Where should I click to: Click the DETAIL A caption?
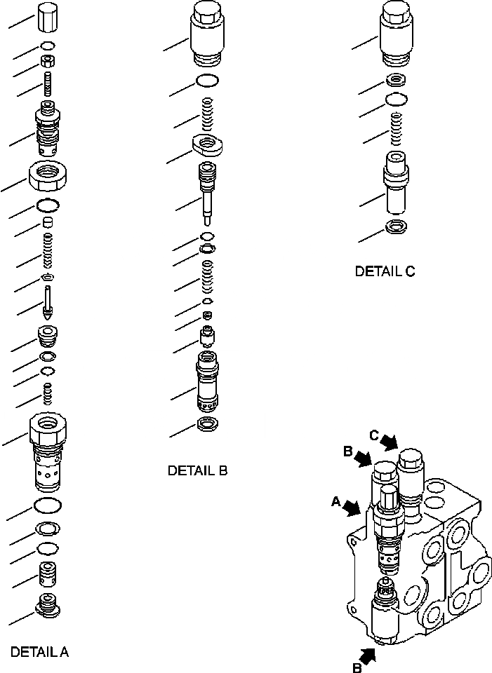point(39,652)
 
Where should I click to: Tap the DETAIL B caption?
point(197,471)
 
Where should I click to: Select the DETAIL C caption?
point(385,271)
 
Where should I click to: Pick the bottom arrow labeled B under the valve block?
point(368,657)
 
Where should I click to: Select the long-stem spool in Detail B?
point(208,189)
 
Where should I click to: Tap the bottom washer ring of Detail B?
point(208,424)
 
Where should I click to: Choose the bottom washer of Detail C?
point(397,228)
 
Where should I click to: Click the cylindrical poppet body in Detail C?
point(397,184)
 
